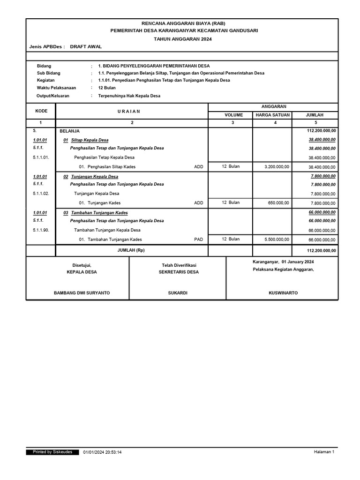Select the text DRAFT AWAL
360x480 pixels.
click(86, 47)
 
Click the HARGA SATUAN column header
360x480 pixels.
click(272, 115)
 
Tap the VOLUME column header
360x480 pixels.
click(233, 115)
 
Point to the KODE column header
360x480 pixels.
click(41, 111)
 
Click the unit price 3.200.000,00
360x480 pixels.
click(277, 166)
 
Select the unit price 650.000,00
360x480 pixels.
click(278, 202)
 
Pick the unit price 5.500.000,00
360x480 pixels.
click(277, 239)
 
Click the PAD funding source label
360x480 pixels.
click(199, 239)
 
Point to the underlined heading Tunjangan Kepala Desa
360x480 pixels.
click(94, 177)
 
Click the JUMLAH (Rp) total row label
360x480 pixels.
click(131, 251)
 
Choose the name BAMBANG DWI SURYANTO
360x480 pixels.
click(82, 293)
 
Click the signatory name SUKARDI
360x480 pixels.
click(178, 293)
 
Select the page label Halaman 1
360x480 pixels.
click(324, 452)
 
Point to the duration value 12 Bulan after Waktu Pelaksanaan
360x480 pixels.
click(107, 88)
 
